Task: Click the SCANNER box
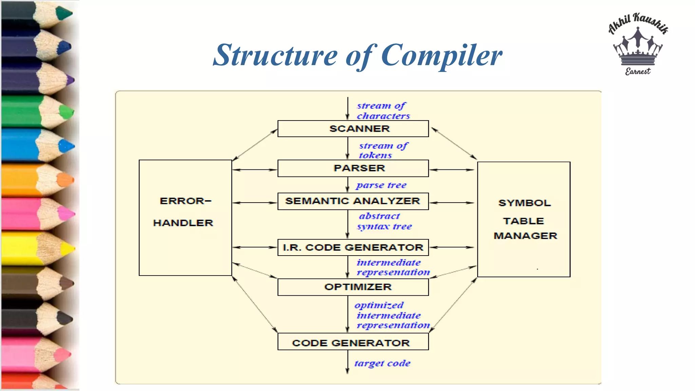pyautogui.click(x=353, y=129)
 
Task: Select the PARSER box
pyautogui.click(x=353, y=168)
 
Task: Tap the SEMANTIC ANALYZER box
pyautogui.click(x=353, y=201)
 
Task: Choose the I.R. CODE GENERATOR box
pyautogui.click(x=353, y=247)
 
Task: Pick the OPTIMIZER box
pyautogui.click(x=353, y=287)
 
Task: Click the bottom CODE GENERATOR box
pyautogui.click(x=353, y=342)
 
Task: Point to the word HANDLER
pyautogui.click(x=183, y=223)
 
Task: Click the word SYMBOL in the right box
pyautogui.click(x=524, y=203)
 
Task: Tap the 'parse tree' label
pyautogui.click(x=381, y=185)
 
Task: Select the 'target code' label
pyautogui.click(x=382, y=364)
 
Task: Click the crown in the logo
pyautogui.click(x=638, y=48)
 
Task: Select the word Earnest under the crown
pyautogui.click(x=638, y=71)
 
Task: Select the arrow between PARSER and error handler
pyautogui.click(x=255, y=170)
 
